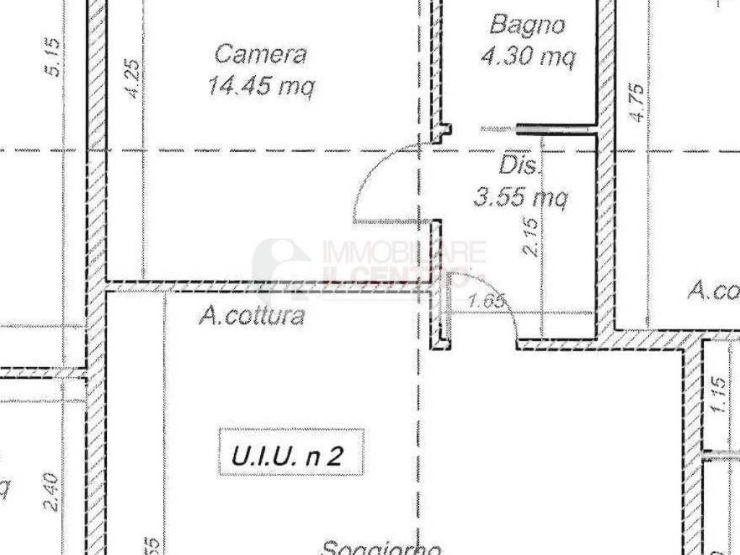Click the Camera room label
261,54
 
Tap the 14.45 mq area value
261,87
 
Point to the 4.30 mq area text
528,56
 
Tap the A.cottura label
251,316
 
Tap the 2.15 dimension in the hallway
530,238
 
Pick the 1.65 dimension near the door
485,302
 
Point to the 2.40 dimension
51,492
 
